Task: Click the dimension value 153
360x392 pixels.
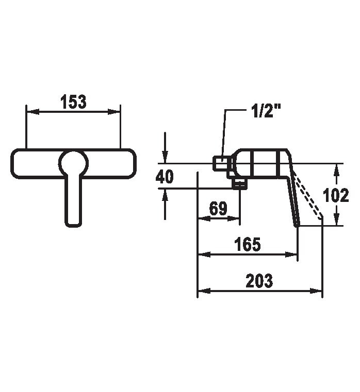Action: click(x=73, y=102)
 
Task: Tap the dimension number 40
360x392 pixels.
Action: click(x=165, y=177)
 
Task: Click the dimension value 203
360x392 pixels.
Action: click(x=259, y=281)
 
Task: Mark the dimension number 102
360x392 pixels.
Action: click(x=336, y=195)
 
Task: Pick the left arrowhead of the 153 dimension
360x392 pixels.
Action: click(x=32, y=112)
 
